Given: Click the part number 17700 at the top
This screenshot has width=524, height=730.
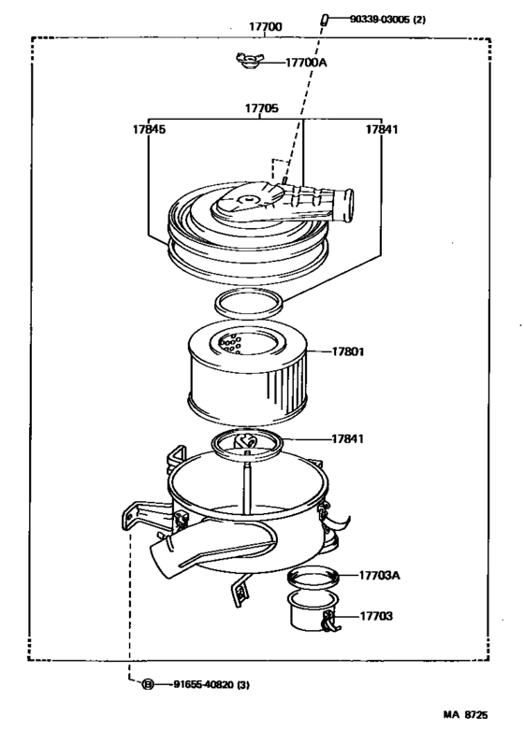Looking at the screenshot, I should (265, 27).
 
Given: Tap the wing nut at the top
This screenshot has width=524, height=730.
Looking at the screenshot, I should (247, 62).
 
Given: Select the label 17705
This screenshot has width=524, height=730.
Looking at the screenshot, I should (261, 108).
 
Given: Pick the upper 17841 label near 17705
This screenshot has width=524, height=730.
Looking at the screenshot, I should (382, 130).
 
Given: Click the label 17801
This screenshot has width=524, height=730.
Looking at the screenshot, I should (348, 352).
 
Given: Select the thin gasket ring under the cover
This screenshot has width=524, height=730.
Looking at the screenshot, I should (249, 302).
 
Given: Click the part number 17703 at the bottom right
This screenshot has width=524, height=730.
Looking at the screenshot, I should (376, 617).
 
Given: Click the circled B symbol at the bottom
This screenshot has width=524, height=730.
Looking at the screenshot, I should (147, 685).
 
